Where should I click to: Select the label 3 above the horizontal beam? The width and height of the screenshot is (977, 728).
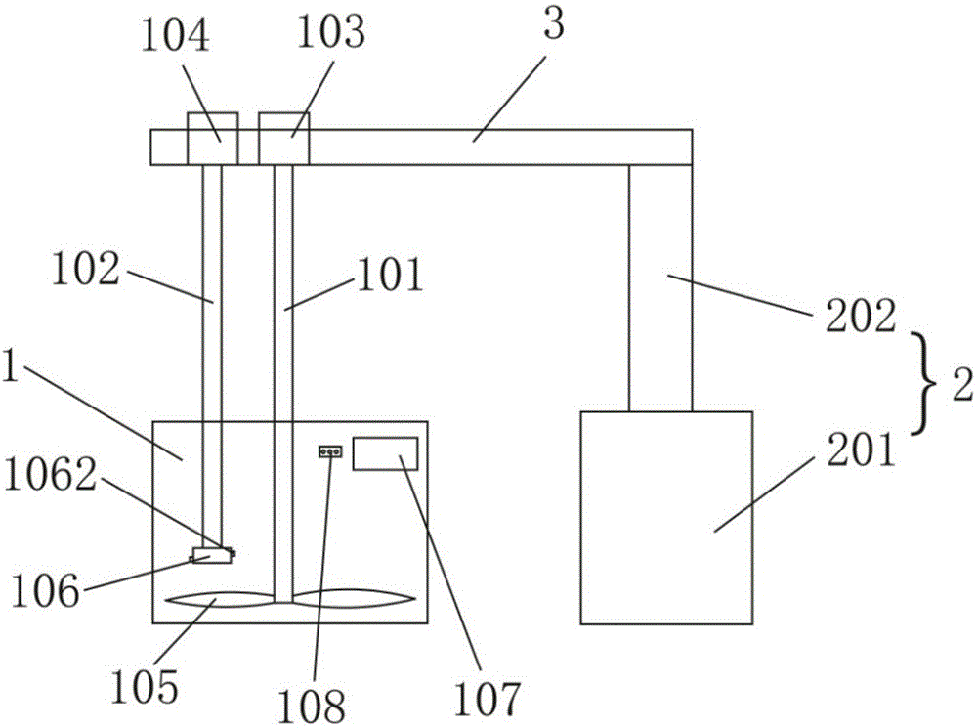pos(554,26)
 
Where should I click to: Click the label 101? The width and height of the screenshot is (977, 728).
pos(390,278)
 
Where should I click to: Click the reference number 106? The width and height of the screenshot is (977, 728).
pos(43,591)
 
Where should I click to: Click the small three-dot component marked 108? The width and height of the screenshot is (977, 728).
pos(330,451)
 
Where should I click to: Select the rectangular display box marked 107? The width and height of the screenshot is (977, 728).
pos(385,454)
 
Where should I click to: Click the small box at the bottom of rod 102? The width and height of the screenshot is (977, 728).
pos(212,555)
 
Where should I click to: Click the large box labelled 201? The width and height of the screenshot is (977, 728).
pos(666,518)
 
